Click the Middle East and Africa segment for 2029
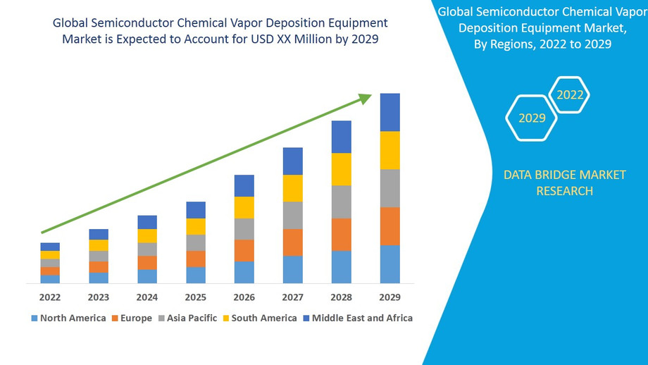pos(390,112)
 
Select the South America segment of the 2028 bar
pos(341,169)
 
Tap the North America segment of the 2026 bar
pos(244,272)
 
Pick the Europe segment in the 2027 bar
pos(292,242)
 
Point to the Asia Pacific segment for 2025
pos(196,242)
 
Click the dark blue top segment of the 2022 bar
pos(50,247)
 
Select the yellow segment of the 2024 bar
pos(147,236)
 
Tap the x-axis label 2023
pos(99,297)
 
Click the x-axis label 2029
pos(390,297)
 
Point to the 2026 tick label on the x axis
pos(244,297)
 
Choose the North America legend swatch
pos(34,318)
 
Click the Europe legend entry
pos(135,318)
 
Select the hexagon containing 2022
pos(569,94)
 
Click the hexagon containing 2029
pos(532,118)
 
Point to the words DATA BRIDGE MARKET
pos(564,175)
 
